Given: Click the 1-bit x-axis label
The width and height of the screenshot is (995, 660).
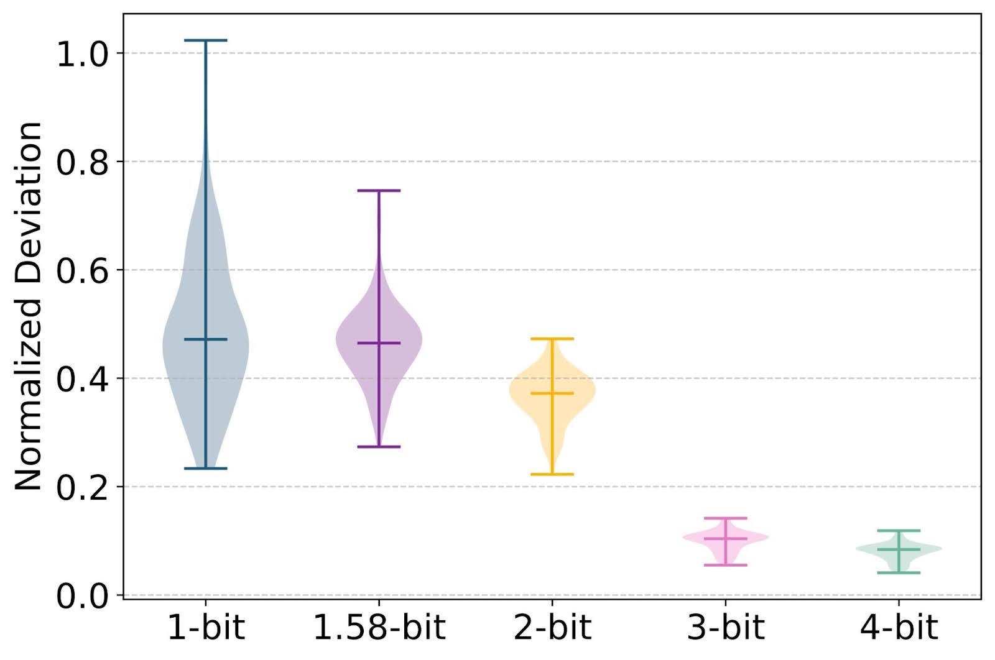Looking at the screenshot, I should (x=205, y=628).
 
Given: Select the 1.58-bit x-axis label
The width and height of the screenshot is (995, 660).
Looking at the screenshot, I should (x=379, y=628).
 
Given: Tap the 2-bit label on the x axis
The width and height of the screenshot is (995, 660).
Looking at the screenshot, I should (x=552, y=628).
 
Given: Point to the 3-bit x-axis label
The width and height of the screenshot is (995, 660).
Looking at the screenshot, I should (x=725, y=628).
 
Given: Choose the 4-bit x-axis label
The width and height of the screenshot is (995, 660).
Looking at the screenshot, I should (x=899, y=628).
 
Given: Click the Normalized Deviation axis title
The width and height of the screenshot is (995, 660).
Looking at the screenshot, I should (x=29, y=306).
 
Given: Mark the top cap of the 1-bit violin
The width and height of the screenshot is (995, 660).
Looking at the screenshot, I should (x=206, y=40).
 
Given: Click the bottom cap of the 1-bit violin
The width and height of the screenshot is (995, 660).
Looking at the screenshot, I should (x=206, y=468).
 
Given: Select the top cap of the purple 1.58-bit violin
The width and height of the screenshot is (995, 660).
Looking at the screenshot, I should (x=379, y=191).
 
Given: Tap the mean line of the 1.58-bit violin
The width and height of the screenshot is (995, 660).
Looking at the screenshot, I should (x=379, y=343).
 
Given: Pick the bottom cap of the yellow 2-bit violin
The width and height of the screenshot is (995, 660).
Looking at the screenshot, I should (x=552, y=474).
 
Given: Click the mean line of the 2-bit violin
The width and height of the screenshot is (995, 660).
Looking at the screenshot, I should (x=552, y=393).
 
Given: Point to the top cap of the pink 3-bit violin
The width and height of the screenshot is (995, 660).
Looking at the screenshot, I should (x=725, y=518).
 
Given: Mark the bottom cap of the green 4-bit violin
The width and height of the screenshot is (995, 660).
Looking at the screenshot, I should (x=899, y=572).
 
